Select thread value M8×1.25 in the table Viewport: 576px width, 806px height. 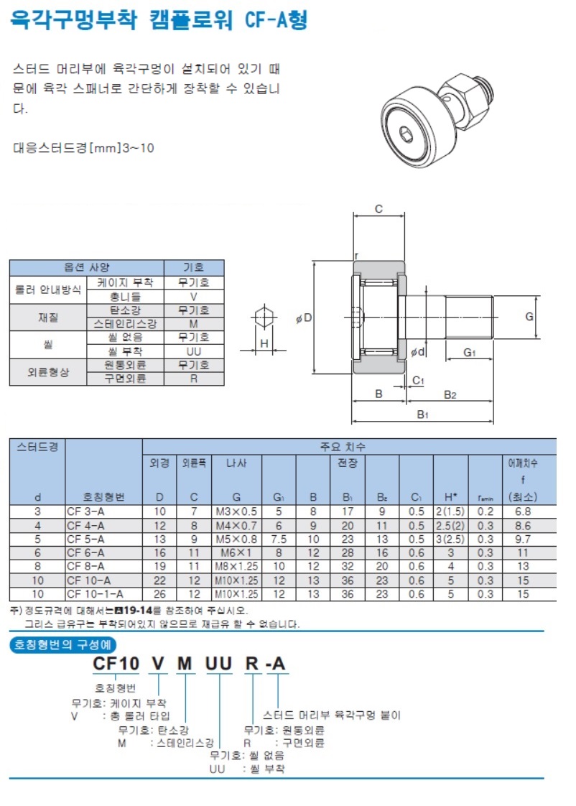(236, 567)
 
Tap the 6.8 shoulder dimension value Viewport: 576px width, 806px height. (523, 511)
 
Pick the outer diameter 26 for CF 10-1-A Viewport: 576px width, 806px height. (159, 594)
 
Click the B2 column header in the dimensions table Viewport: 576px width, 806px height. (382, 497)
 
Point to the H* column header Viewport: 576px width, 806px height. (450, 497)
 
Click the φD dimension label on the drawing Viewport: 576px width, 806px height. (304, 318)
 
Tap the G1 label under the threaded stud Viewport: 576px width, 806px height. (469, 352)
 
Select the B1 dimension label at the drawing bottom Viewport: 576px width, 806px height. (422, 414)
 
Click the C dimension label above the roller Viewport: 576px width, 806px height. (378, 209)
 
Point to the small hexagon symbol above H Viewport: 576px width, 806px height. (264, 316)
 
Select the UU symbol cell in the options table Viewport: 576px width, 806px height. (194, 351)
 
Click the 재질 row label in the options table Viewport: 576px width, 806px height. (48, 318)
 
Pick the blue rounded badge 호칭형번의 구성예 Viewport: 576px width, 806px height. (62, 644)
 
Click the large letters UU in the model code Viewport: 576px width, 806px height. (218, 664)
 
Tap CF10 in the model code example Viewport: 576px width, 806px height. (116, 664)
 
